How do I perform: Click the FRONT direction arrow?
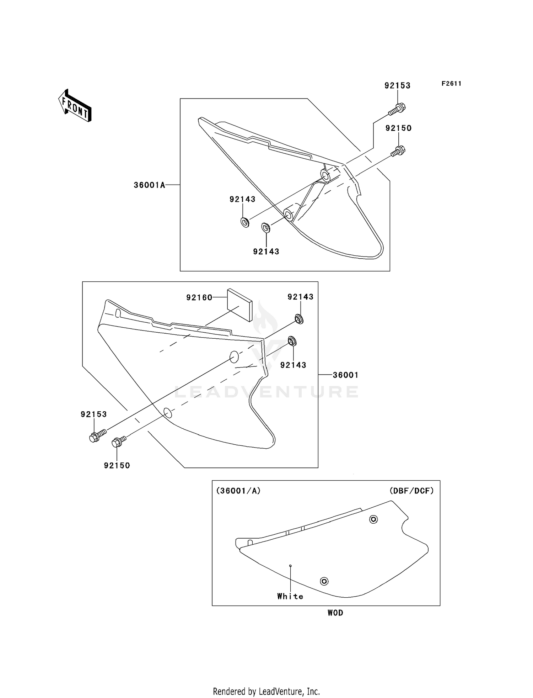(x=75, y=106)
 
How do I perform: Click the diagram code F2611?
(x=451, y=84)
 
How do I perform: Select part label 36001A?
(x=149, y=185)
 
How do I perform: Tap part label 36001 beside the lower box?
(x=345, y=375)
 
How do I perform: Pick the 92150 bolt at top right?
(x=398, y=151)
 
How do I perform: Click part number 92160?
(x=199, y=297)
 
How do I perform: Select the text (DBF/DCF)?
(x=411, y=491)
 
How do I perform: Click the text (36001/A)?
(x=238, y=491)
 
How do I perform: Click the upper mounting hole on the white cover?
(x=373, y=519)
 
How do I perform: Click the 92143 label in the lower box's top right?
(x=300, y=297)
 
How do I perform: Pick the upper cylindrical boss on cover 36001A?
(x=325, y=174)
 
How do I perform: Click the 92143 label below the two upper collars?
(x=266, y=252)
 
